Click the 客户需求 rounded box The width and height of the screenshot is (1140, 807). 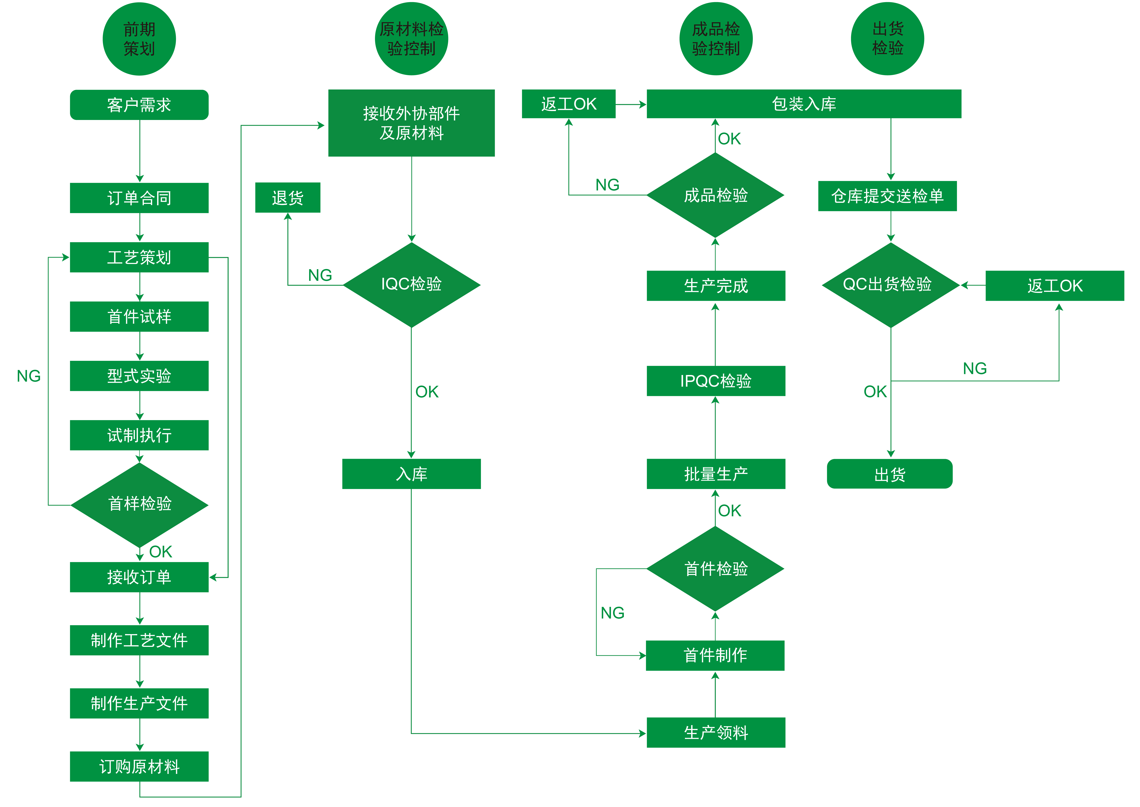click(139, 105)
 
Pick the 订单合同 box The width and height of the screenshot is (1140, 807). click(139, 198)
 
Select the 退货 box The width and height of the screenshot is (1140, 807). click(287, 198)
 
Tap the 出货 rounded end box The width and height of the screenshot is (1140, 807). click(889, 474)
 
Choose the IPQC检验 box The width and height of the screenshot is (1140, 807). click(716, 381)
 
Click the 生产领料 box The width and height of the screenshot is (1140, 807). click(716, 732)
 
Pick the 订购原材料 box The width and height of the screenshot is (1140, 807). click(139, 766)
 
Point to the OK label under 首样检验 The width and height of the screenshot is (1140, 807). click(160, 552)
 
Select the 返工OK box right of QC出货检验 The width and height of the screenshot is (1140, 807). click(1054, 286)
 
